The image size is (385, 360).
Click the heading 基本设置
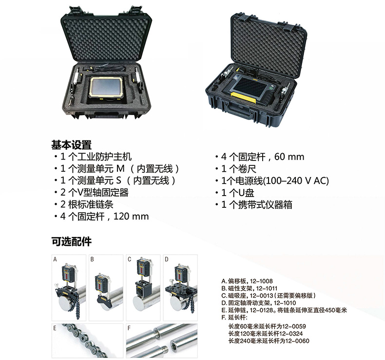pos(71,145)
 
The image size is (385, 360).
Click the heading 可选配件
pos(71,241)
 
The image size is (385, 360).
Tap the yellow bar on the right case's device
pos(244,98)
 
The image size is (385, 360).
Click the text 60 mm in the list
pos(289,157)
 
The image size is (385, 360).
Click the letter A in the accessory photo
pos(55,259)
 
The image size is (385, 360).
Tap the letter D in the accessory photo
pos(167,259)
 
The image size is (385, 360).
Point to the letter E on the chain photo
pos(55,328)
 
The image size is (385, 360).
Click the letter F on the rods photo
pos(129,328)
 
